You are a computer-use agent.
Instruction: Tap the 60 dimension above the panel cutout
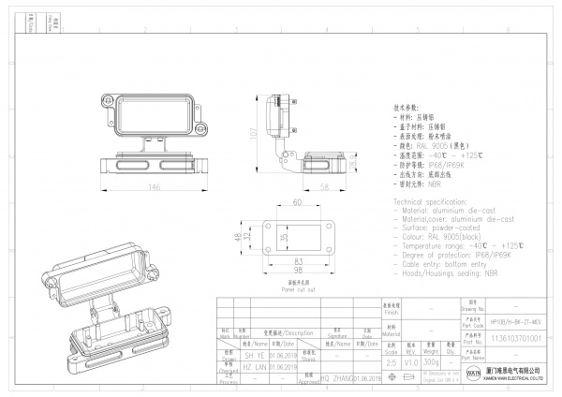(x=297, y=202)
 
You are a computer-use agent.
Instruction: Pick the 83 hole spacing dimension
(x=297, y=259)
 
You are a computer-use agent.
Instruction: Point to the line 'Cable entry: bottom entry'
(x=444, y=264)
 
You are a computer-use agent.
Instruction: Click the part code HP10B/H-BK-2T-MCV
(x=515, y=319)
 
